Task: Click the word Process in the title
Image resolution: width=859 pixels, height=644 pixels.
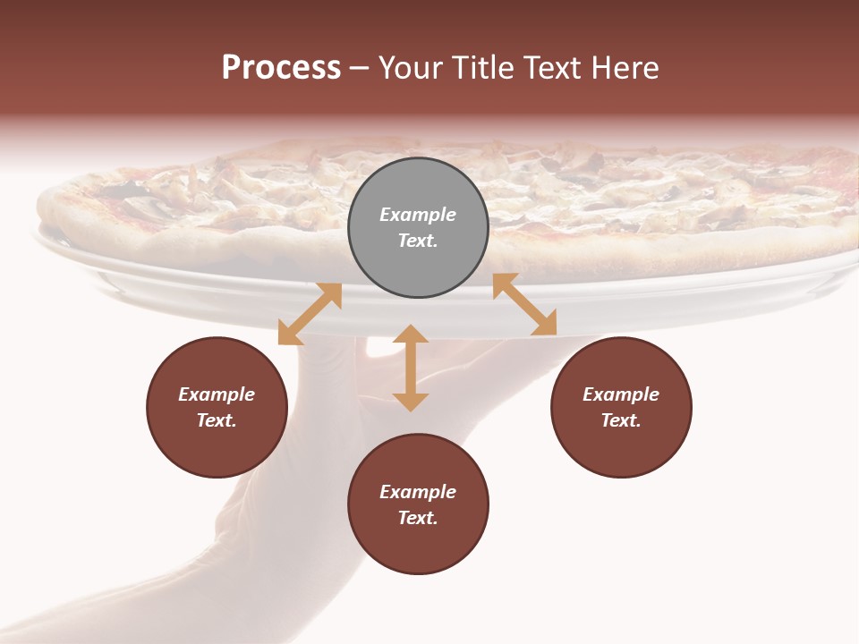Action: coord(281,68)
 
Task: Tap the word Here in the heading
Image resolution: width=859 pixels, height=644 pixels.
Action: coord(625,68)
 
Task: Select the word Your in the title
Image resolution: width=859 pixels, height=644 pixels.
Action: coord(412,68)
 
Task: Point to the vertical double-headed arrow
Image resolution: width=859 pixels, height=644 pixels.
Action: coord(411,368)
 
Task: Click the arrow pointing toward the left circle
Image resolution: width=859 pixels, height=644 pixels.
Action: coord(310,314)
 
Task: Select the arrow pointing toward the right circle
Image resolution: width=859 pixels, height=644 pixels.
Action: coord(524,304)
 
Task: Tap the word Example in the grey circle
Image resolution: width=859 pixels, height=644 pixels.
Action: coord(418,215)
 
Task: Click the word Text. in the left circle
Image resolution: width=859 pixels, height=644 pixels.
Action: coord(217,420)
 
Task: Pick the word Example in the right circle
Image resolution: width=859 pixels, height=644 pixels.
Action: coord(621,394)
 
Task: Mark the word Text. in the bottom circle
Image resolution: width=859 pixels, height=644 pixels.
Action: coord(418,518)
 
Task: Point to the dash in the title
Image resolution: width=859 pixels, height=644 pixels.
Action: coord(359,68)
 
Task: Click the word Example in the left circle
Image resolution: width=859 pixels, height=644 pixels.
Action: coord(217,394)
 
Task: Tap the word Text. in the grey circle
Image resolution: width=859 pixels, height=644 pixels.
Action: coord(418,241)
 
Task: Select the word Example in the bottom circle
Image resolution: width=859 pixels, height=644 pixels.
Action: coord(418,492)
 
